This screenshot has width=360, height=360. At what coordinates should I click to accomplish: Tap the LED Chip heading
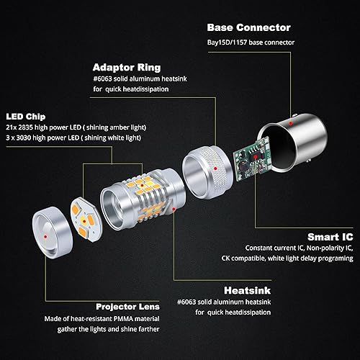tap(27, 115)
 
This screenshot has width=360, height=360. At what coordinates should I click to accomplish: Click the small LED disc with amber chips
tap(84, 213)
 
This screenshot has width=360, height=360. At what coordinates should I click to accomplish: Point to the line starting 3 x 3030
tap(75, 138)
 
